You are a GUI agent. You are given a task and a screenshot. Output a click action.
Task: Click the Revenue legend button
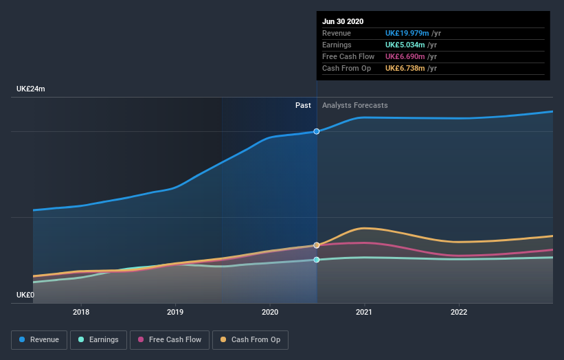coord(40,339)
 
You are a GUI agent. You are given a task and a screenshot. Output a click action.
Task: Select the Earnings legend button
coord(98,339)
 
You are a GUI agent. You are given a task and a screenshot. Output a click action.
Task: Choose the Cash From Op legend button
coord(254,339)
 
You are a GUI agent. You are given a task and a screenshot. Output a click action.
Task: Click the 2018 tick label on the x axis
coord(81,312)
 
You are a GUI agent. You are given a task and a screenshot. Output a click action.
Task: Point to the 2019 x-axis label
coord(175,312)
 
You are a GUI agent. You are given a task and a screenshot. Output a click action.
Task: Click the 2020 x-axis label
coord(270,312)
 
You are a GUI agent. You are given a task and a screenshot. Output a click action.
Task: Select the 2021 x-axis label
coord(364,312)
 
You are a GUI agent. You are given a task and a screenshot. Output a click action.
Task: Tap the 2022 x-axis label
coord(458,312)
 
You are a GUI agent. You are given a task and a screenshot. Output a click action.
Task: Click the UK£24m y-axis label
coord(31,89)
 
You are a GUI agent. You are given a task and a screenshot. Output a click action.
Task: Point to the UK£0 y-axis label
coord(25,295)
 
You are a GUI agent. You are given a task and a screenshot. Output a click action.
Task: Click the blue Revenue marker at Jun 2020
coord(317,131)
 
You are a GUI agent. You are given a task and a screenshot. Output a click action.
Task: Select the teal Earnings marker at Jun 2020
coord(317,260)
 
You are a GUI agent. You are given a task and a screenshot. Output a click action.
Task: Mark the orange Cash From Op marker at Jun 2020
coord(317,245)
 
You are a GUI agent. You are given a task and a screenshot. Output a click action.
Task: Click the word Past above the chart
coord(303,106)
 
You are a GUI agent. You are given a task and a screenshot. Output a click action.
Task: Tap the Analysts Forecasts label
coord(354,106)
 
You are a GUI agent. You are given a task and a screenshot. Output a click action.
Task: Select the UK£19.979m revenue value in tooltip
coord(407,33)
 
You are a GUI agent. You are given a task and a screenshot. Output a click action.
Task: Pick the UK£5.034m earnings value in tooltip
coord(405,45)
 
